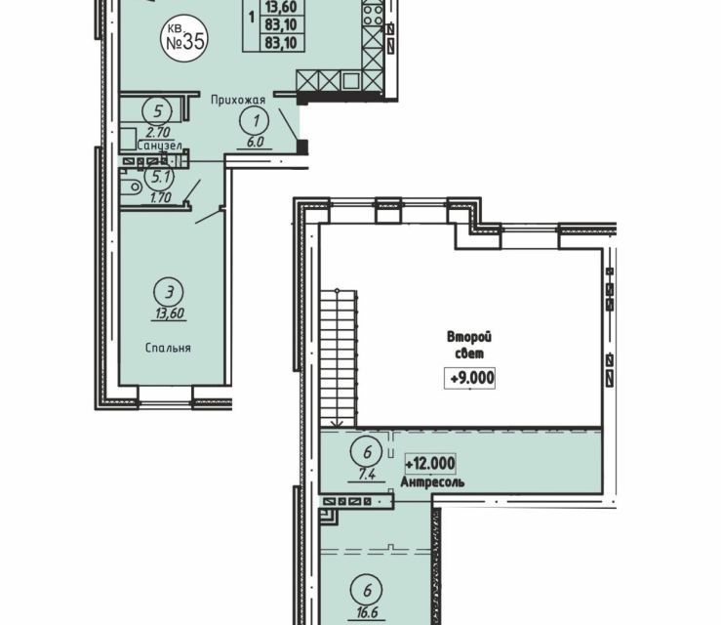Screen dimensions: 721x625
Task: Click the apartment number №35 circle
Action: point(184,39)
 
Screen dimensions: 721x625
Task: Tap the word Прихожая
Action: point(238,100)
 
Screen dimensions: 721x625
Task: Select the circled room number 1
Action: point(256,120)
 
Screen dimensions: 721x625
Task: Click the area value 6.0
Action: point(255,143)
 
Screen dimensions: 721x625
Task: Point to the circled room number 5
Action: point(158,111)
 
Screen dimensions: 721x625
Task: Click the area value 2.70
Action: point(158,133)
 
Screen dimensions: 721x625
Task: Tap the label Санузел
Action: point(160,146)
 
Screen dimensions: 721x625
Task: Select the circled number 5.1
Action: point(159,177)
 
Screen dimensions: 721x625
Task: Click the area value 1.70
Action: point(160,198)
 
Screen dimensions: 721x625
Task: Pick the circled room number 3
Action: point(170,292)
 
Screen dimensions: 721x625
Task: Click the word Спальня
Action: point(168,348)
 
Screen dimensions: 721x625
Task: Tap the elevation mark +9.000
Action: point(469,378)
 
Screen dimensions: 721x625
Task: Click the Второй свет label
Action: point(469,345)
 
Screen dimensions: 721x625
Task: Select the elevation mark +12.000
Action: point(430,464)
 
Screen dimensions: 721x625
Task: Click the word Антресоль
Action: point(432,482)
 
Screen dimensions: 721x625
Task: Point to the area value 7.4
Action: point(366,474)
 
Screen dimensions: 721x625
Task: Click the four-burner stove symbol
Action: point(373,15)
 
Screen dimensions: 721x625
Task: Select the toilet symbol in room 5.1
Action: point(131,187)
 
